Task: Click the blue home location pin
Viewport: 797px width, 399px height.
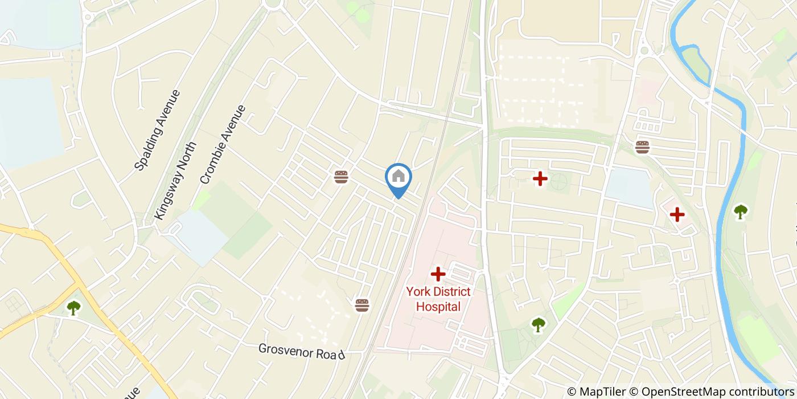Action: [398, 177]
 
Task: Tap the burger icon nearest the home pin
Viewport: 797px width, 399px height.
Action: [341, 177]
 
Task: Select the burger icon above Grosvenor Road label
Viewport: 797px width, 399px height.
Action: [362, 305]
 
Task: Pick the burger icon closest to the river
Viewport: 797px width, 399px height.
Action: [642, 146]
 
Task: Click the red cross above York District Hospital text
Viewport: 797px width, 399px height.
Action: [438, 274]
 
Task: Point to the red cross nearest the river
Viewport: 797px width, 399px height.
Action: [677, 214]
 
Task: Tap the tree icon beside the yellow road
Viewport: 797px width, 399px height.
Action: [73, 308]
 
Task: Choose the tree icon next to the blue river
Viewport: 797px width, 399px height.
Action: [740, 212]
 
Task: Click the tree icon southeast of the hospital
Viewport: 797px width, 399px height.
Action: [538, 325]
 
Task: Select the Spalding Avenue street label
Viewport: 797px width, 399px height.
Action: [157, 131]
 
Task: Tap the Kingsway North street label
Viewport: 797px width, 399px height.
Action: [175, 181]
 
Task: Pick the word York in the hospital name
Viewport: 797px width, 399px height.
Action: [417, 292]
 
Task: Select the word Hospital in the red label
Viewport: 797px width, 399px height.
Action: [438, 307]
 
